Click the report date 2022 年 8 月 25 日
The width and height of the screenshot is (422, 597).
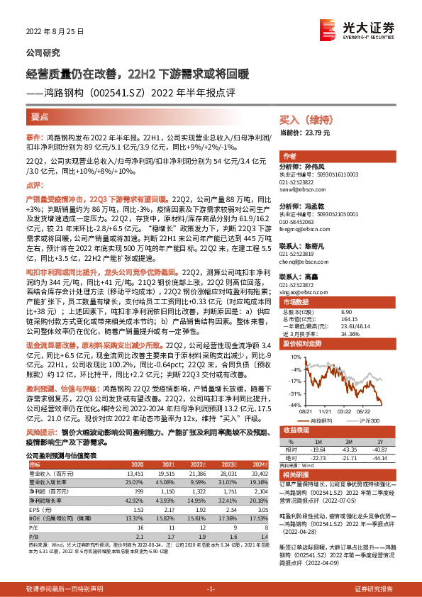(55, 32)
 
